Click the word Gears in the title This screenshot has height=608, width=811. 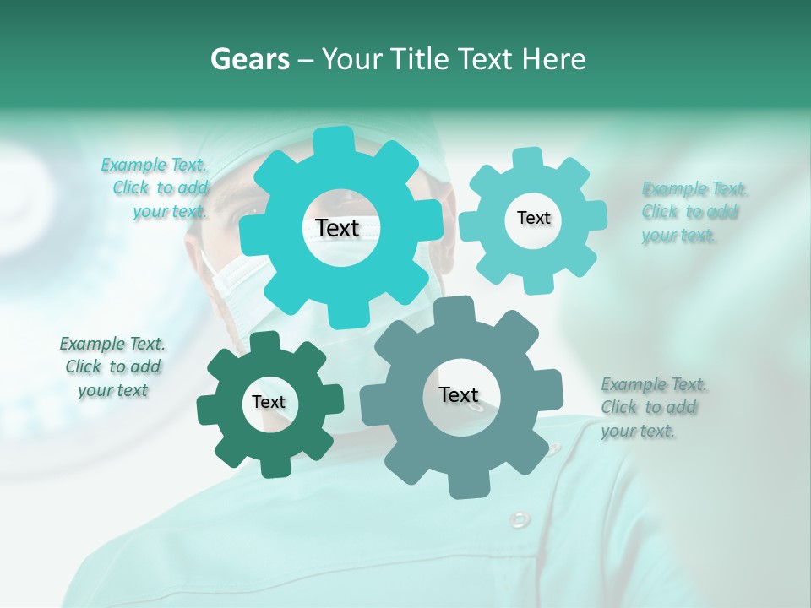click(x=249, y=60)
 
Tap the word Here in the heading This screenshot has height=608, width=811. click(x=554, y=60)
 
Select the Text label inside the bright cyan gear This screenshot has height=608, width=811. click(x=338, y=228)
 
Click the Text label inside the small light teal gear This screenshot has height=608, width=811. click(x=533, y=218)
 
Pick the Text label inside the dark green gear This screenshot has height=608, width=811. click(x=269, y=402)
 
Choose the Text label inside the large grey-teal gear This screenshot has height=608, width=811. click(x=459, y=394)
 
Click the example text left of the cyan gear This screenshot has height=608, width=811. click(x=161, y=188)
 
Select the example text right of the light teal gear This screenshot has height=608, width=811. click(x=690, y=212)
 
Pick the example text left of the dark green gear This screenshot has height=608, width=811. click(x=112, y=366)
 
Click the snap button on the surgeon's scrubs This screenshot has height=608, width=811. click(x=520, y=518)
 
